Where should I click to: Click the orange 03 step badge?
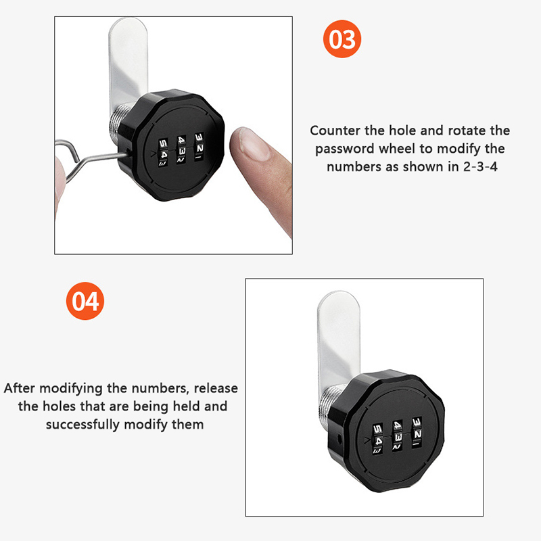tap(342, 39)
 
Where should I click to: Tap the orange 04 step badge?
tap(85, 301)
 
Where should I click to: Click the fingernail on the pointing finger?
tap(254, 144)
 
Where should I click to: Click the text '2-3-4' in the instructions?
tap(480, 166)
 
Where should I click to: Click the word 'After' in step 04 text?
tap(19, 388)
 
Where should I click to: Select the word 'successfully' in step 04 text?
tap(83, 425)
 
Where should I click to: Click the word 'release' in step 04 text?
tap(216, 388)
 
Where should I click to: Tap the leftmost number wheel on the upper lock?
tap(163, 153)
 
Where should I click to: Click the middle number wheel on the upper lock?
tap(181, 149)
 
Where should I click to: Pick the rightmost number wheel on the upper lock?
tap(199, 147)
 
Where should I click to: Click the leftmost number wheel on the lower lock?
tap(378, 438)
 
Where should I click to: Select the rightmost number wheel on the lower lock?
tap(417, 433)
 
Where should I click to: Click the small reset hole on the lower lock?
tap(339, 439)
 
